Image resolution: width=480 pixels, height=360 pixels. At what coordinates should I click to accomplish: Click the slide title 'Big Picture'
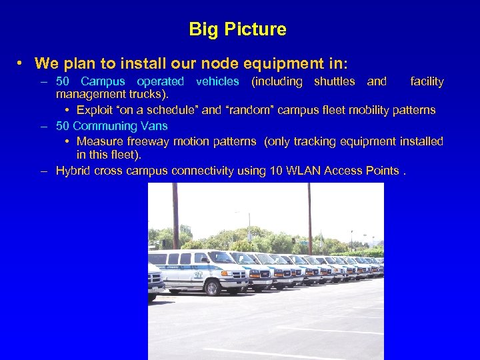click(x=237, y=29)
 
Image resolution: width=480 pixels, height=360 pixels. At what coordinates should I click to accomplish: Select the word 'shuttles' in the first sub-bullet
click(x=334, y=81)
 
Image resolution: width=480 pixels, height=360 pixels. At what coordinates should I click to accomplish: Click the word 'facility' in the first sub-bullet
click(x=427, y=81)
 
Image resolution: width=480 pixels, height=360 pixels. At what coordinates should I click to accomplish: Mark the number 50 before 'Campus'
click(x=63, y=81)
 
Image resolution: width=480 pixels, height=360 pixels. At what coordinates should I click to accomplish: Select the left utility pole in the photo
click(x=176, y=213)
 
